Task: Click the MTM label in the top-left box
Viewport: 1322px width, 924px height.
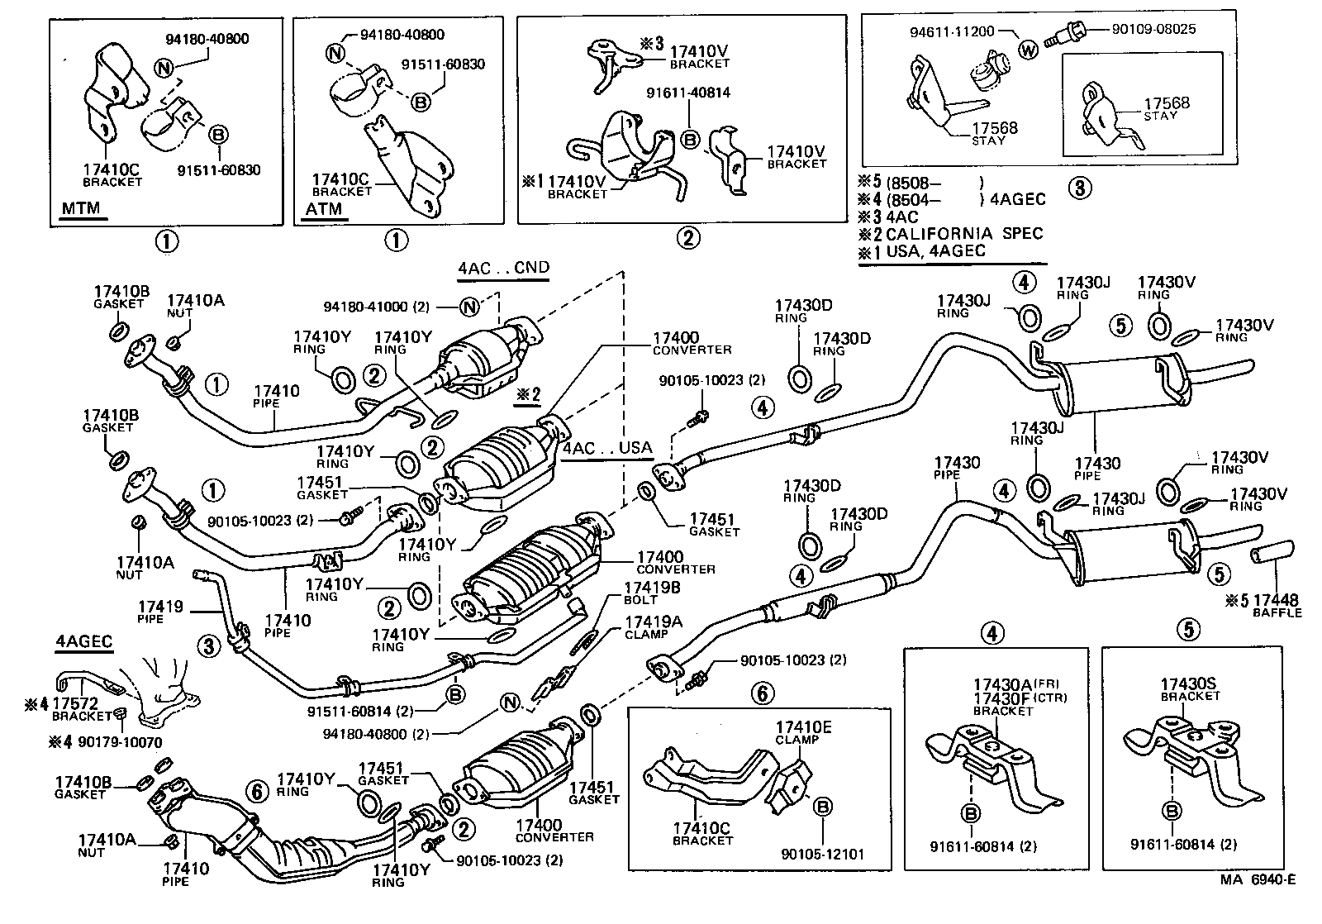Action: (x=81, y=207)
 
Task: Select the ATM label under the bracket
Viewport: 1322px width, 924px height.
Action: (x=324, y=209)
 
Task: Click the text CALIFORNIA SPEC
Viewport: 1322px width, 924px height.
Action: (x=964, y=234)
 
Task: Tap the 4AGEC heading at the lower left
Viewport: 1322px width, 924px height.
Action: (x=84, y=641)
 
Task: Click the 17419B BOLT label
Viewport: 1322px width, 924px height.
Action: (x=652, y=593)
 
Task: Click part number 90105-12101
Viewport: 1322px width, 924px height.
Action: (x=822, y=853)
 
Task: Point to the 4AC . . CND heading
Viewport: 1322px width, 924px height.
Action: (x=503, y=268)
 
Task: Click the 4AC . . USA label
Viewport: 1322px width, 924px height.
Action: (x=607, y=449)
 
